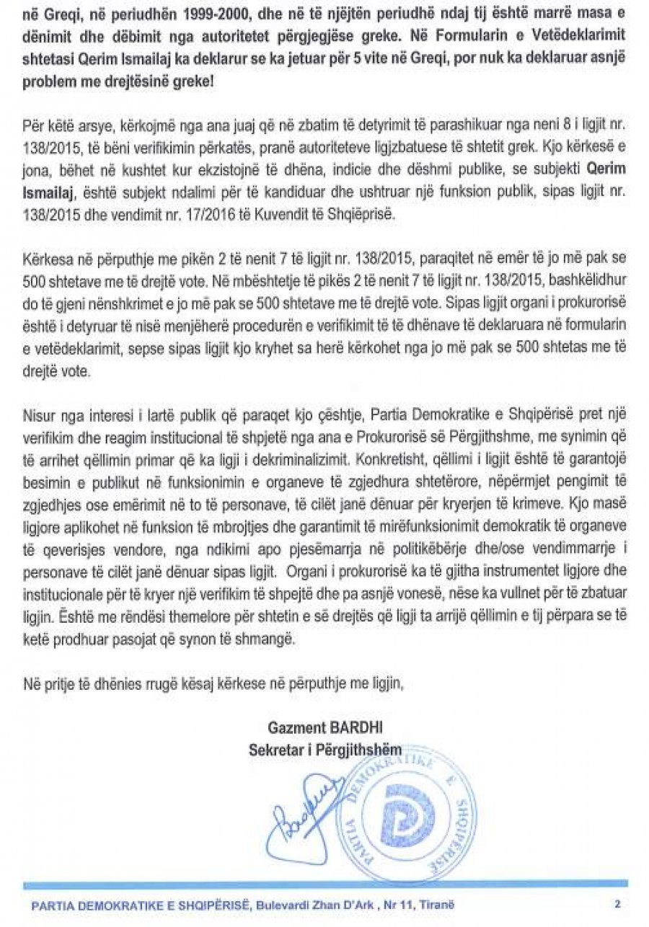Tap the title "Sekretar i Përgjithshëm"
324,750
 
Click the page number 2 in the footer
617,902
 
